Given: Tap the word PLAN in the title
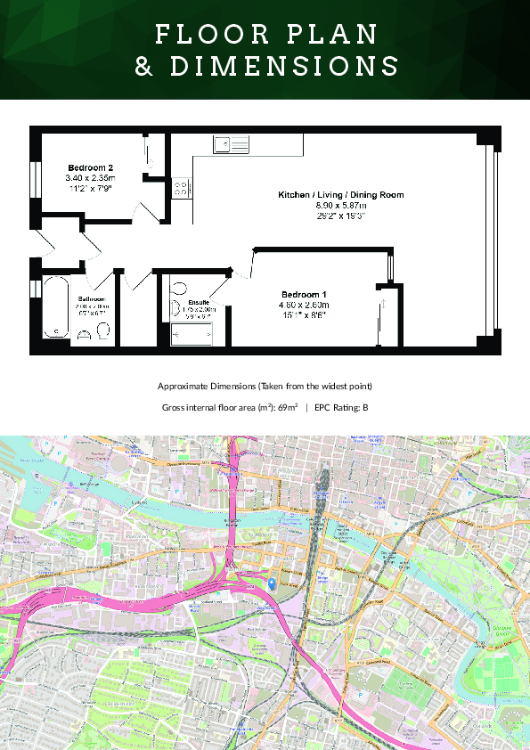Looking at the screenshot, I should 336,34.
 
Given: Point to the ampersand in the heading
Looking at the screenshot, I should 143,67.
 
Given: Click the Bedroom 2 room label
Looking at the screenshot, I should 91,167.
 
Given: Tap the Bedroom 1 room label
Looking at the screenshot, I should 305,295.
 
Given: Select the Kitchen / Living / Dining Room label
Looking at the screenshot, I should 341,194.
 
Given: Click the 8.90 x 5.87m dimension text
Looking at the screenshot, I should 341,205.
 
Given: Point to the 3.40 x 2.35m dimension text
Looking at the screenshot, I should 91,178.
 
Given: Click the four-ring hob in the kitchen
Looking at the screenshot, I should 181,188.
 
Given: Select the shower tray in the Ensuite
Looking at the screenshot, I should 192,334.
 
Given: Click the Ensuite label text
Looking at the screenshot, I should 199,303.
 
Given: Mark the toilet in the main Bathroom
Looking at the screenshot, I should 102,331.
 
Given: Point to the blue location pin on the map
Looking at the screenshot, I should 273,583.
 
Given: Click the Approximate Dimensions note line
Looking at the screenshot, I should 265,387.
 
